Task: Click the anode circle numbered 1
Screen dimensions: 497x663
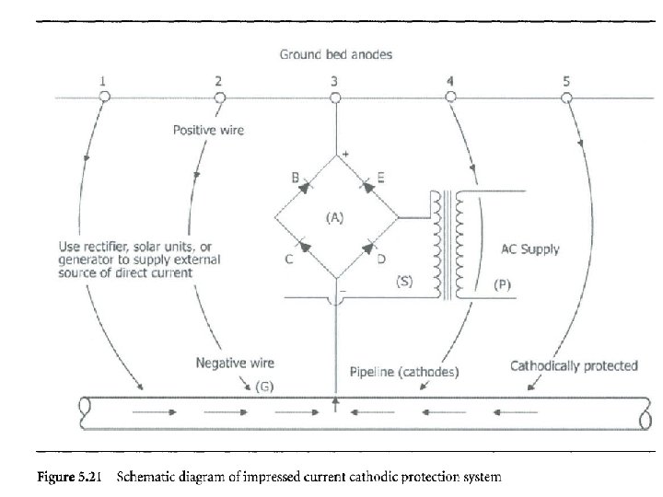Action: click(104, 97)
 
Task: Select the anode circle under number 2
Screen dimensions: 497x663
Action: click(218, 97)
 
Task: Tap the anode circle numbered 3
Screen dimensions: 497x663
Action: click(334, 97)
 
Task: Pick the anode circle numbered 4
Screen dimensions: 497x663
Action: click(449, 97)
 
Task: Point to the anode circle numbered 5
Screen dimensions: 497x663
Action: click(565, 97)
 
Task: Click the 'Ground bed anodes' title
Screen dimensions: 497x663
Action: click(336, 54)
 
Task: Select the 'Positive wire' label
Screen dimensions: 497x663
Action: click(209, 131)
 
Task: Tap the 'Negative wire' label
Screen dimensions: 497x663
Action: click(235, 364)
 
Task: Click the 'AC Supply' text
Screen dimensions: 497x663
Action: click(529, 249)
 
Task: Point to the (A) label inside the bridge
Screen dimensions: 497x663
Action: click(334, 218)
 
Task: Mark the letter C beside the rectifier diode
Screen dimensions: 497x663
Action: click(288, 260)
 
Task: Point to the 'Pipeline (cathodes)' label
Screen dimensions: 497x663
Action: click(406, 372)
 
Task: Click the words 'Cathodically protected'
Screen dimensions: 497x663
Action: click(574, 365)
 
